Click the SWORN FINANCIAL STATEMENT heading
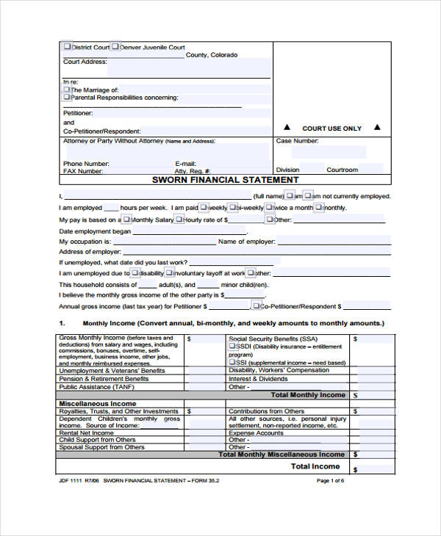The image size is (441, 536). coord(225,180)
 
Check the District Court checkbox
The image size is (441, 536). coord(68,47)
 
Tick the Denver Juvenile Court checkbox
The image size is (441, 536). coord(115,47)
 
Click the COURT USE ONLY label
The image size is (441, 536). coord(331,128)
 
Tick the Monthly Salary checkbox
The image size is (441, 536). coord(126,220)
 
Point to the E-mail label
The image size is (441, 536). coord(185,163)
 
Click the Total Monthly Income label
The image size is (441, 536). coord(307,395)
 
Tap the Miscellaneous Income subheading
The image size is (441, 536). coord(97,404)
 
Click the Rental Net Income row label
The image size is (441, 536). coord(86,433)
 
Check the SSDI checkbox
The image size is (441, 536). coord(232,346)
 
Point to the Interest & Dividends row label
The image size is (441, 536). coord(257,379)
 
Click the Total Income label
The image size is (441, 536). coord(315,466)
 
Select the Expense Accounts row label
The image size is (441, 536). coord(256,433)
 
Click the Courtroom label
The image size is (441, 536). coord(342,170)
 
